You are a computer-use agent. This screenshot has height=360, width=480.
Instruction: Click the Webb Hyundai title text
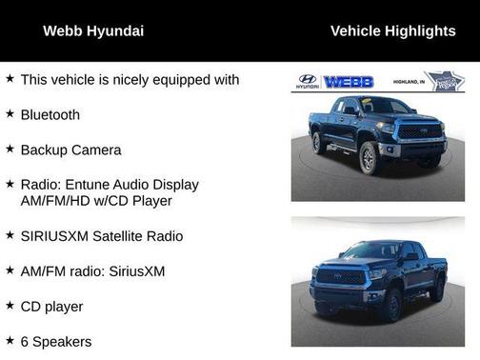93,30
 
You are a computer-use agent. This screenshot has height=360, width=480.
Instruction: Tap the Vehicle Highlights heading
392,30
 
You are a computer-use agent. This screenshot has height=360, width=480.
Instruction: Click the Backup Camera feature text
70,150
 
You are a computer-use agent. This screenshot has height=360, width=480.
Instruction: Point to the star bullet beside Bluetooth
10,114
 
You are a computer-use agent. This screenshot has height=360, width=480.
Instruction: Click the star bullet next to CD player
10,306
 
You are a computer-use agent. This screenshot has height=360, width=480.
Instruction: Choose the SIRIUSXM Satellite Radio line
101,235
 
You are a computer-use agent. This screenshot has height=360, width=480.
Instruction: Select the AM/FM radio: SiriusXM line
92,270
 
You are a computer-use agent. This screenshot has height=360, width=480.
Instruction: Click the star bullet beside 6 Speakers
10,340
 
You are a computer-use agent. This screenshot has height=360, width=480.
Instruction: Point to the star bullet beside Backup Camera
10,150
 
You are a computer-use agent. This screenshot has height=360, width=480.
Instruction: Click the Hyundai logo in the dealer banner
307,82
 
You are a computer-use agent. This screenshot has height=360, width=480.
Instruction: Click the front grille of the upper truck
418,132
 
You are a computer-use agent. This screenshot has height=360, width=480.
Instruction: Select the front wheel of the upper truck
370,156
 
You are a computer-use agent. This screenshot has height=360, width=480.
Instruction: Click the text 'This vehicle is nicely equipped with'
130,79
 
